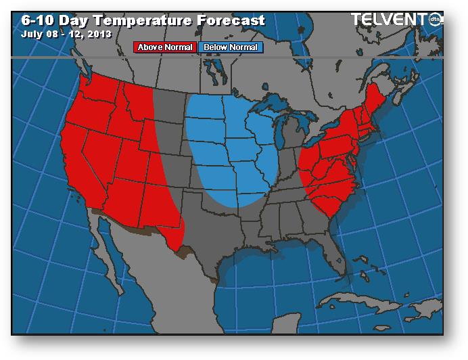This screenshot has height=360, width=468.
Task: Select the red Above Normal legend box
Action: click(x=165, y=47)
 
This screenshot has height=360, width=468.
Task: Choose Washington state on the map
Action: click(x=97, y=91)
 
